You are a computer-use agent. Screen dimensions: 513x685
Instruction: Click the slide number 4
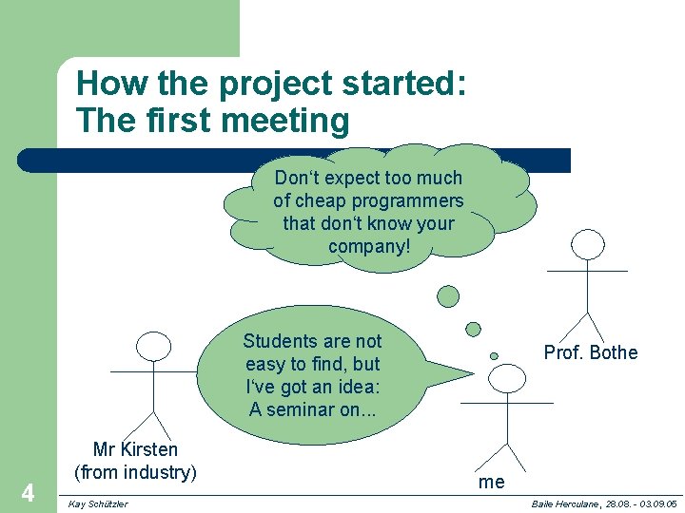coord(28,493)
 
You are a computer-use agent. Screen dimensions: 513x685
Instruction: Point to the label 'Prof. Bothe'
coord(590,352)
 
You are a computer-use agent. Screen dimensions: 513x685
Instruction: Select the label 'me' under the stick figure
coord(492,482)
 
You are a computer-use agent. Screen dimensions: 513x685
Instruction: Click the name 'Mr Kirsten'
coord(135,449)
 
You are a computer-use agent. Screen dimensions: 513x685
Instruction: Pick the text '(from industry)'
coord(135,471)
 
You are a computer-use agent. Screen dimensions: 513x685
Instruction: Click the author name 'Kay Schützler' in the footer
coord(99,503)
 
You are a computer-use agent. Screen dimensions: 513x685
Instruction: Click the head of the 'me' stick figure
coord(506,379)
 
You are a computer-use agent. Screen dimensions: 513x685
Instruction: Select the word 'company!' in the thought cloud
coord(368,247)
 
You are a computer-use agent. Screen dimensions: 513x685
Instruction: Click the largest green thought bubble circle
coord(447,296)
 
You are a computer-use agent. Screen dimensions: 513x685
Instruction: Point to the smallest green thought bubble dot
coord(494,356)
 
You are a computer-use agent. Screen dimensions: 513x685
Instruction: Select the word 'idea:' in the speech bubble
coord(355,387)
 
